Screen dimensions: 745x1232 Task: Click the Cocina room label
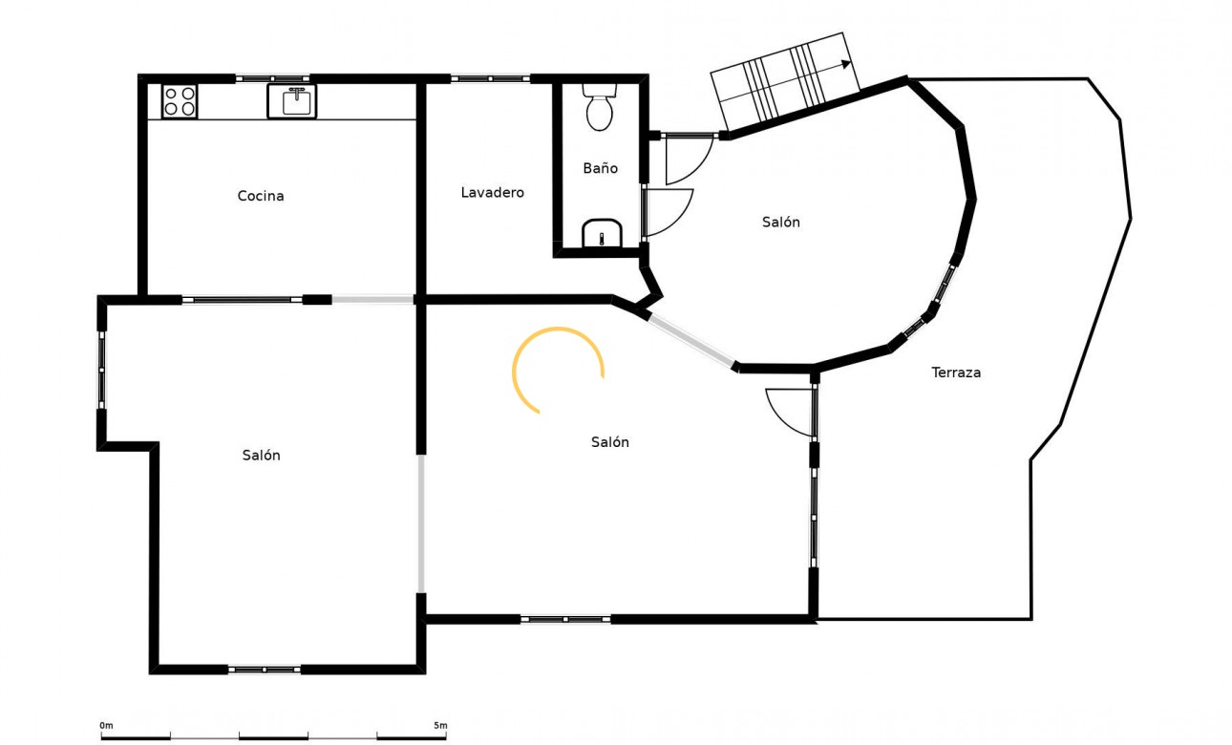pos(261,196)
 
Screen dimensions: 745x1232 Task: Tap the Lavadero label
pos(492,192)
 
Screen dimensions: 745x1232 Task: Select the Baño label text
pos(600,168)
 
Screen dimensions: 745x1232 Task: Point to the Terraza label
pos(956,372)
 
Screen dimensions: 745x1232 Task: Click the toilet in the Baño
pos(600,107)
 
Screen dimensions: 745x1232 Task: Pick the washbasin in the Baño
pos(602,233)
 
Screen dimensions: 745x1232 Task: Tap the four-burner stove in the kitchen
pos(180,100)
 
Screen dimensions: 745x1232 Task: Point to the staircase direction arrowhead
pos(847,65)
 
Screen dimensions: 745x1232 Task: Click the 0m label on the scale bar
pos(107,726)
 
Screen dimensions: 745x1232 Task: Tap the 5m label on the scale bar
pos(440,726)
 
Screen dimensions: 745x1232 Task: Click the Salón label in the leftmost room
pos(261,456)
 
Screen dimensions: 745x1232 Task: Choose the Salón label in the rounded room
pos(780,223)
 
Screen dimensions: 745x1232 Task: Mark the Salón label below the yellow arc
pos(609,442)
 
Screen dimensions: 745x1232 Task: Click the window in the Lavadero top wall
pos(490,78)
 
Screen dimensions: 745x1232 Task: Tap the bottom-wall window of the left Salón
pos(265,670)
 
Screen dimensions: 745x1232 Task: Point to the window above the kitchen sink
pos(273,78)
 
